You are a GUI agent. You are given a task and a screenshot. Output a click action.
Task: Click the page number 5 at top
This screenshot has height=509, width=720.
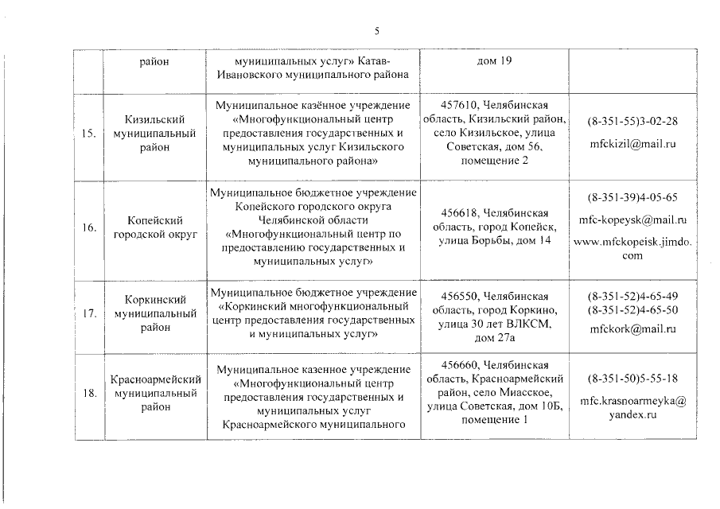[378, 30]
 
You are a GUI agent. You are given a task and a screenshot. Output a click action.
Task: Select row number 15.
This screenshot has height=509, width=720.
[89, 134]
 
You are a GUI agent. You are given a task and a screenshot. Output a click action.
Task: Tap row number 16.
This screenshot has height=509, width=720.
[89, 227]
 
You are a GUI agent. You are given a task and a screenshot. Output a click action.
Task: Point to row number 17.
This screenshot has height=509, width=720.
[89, 313]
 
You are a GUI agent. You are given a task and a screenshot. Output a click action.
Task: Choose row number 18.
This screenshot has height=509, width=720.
[89, 393]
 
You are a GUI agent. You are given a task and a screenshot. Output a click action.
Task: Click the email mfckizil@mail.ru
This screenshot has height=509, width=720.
[632, 145]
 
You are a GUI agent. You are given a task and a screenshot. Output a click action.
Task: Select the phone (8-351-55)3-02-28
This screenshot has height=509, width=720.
[632, 122]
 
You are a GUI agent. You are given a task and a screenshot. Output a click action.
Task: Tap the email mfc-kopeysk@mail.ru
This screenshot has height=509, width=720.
[632, 220]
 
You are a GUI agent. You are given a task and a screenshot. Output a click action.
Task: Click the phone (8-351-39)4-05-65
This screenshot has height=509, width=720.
[632, 196]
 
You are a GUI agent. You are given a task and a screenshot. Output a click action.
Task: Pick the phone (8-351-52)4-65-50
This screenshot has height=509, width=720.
[632, 309]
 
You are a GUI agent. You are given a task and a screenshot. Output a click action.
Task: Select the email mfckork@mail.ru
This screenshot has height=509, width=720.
[632, 328]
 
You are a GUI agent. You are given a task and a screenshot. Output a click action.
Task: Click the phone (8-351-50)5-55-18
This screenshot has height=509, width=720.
[632, 379]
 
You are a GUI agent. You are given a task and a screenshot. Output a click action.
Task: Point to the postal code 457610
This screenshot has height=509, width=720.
[459, 105]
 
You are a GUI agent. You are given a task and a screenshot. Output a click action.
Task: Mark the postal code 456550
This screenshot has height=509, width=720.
[459, 296]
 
